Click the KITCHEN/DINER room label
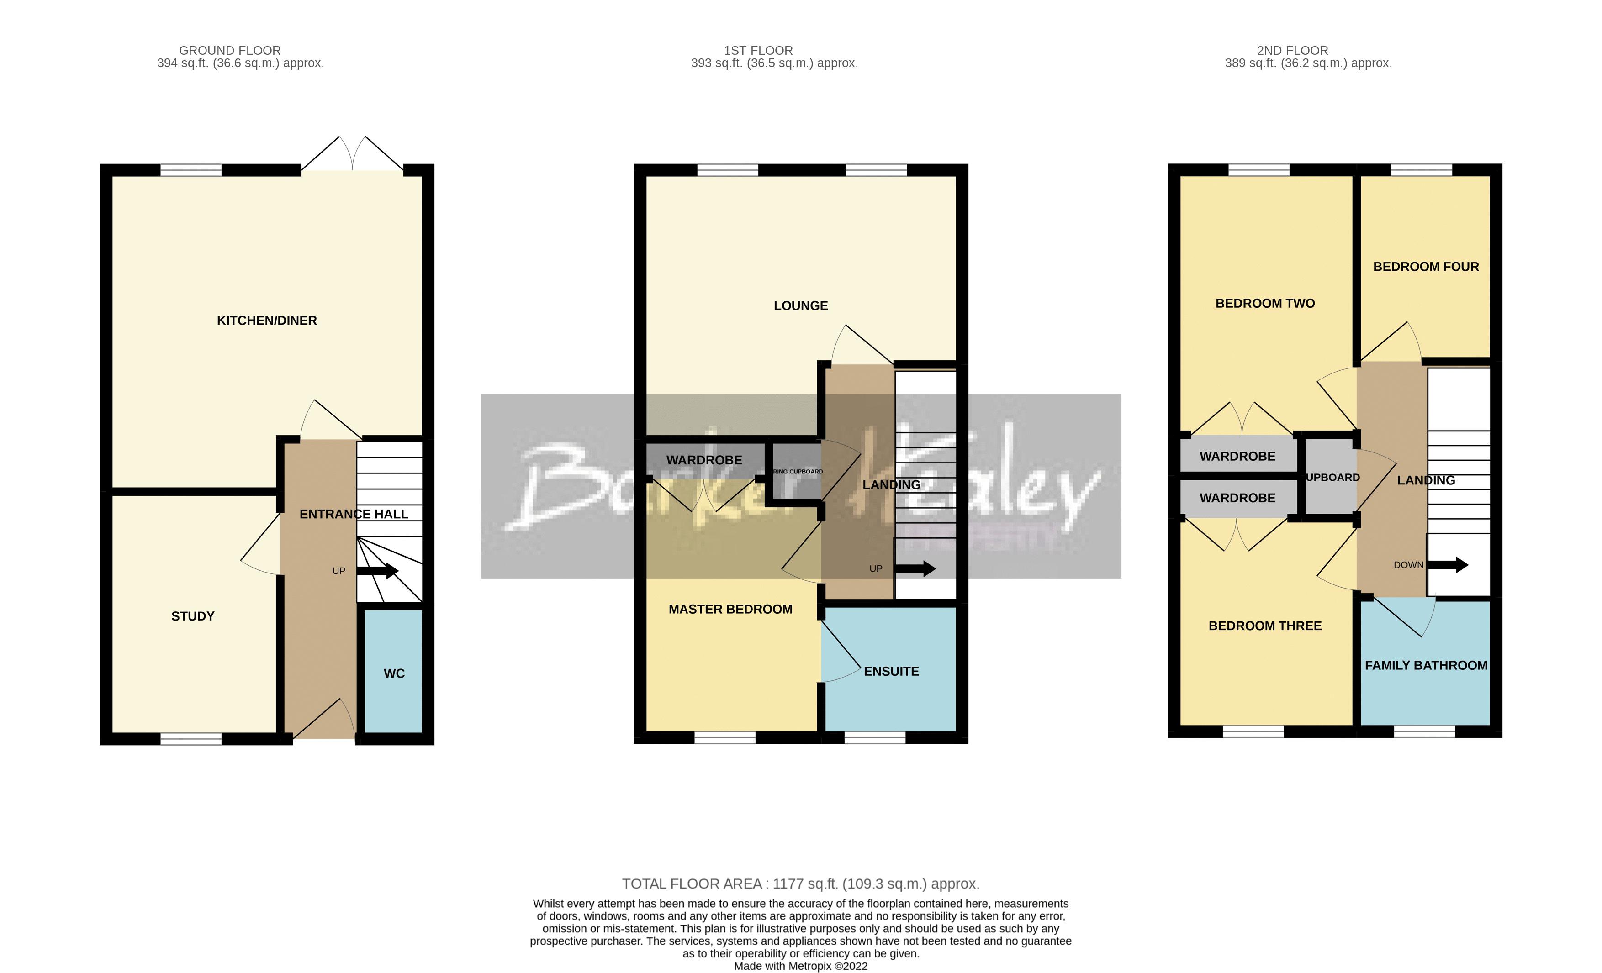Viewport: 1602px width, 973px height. point(267,321)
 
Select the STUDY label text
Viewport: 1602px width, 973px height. point(192,616)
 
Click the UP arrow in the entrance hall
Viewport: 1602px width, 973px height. point(377,571)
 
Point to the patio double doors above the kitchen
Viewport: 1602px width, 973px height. point(352,155)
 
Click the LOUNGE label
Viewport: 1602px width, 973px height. point(800,305)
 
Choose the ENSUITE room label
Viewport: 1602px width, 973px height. point(891,671)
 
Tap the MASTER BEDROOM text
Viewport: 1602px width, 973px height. point(730,609)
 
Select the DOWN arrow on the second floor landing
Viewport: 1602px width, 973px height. point(1447,565)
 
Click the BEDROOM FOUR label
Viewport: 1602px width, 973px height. point(1425,267)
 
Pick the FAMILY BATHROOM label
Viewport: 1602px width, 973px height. point(1426,665)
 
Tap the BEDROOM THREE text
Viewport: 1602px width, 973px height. point(1264,626)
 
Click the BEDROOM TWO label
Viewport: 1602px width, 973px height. point(1264,304)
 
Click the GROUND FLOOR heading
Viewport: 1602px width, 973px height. point(229,50)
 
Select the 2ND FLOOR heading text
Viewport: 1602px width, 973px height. point(1292,50)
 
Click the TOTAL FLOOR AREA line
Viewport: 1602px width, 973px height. point(800,884)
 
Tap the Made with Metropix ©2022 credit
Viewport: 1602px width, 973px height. point(800,966)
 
